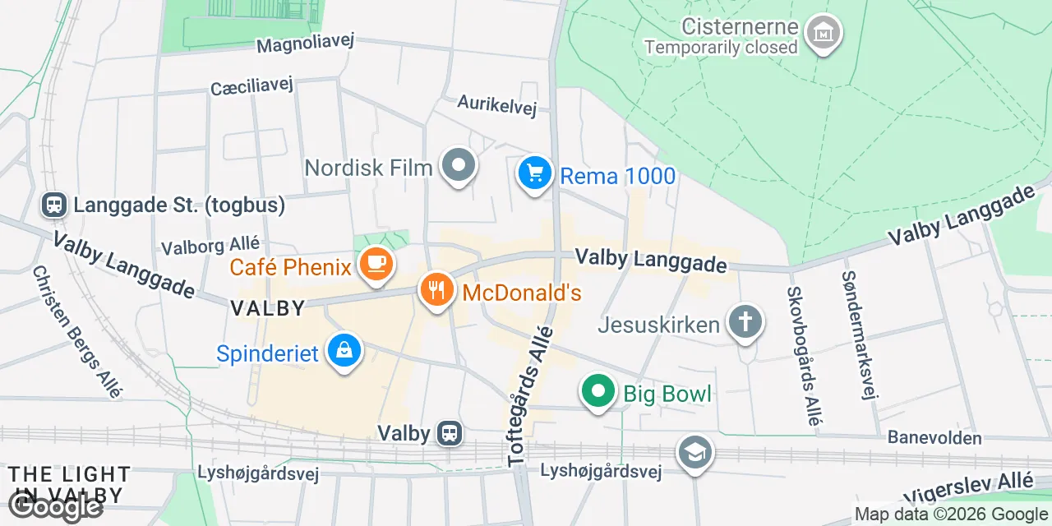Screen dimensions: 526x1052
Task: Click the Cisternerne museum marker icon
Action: pyautogui.click(x=823, y=35)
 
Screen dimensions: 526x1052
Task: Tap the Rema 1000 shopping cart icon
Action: pyautogui.click(x=535, y=173)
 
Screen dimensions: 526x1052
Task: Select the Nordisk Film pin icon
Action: pyautogui.click(x=459, y=166)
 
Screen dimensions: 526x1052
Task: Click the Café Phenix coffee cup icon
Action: pyautogui.click(x=376, y=265)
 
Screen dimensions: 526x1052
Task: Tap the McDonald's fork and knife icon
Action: pyautogui.click(x=436, y=290)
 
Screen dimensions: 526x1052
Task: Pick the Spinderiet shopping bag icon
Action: pyautogui.click(x=344, y=352)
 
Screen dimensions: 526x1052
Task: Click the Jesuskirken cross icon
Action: pyautogui.click(x=745, y=322)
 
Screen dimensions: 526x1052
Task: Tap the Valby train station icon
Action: pyautogui.click(x=450, y=432)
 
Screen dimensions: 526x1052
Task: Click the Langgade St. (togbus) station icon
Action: pyautogui.click(x=54, y=205)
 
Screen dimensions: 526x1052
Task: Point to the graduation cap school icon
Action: pyautogui.click(x=695, y=452)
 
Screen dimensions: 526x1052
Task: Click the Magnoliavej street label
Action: pyautogui.click(x=305, y=44)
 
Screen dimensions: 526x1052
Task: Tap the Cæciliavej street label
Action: pyautogui.click(x=251, y=86)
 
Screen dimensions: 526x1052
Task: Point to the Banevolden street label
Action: pyautogui.click(x=934, y=438)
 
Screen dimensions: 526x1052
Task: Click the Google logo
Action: pyautogui.click(x=56, y=506)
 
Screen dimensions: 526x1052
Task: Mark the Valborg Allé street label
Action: pyautogui.click(x=210, y=246)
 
